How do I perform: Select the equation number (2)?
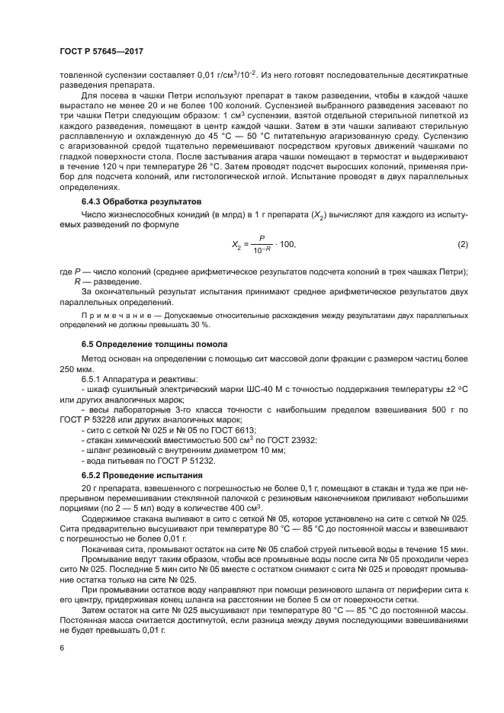coord(462,243)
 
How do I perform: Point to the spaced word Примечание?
coord(113,314)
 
